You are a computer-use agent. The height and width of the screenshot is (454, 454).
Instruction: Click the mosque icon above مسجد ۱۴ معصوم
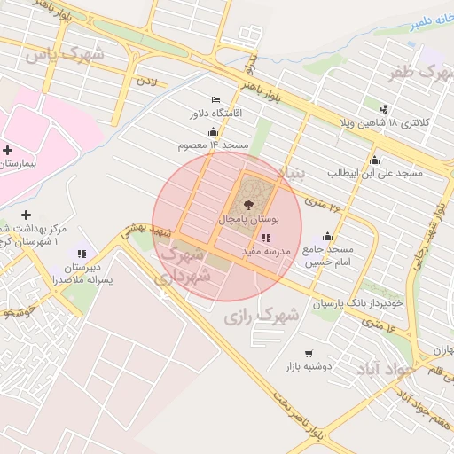pos(212,131)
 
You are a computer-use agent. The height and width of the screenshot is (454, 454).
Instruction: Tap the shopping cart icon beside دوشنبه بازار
pos(308,353)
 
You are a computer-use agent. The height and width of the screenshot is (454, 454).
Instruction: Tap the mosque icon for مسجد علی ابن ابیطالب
pos(374,160)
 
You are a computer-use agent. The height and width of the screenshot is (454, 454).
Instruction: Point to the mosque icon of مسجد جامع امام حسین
pos(327,236)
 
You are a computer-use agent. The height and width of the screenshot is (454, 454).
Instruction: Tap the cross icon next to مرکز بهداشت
pos(26,215)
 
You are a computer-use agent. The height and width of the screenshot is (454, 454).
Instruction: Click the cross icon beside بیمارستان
pos(7,151)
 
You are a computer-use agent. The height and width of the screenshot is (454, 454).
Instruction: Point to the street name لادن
pos(145,81)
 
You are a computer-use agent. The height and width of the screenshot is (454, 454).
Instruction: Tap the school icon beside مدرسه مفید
pos(267,238)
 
